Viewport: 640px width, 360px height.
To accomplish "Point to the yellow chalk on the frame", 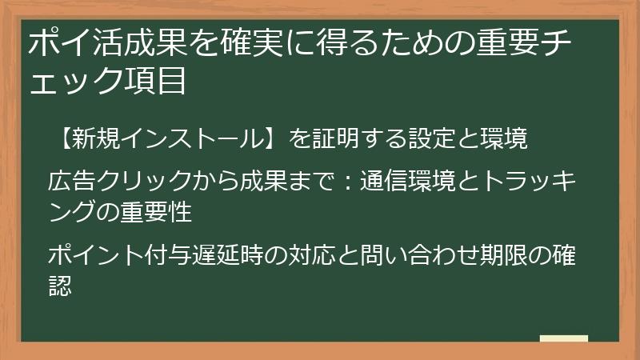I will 563,339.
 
